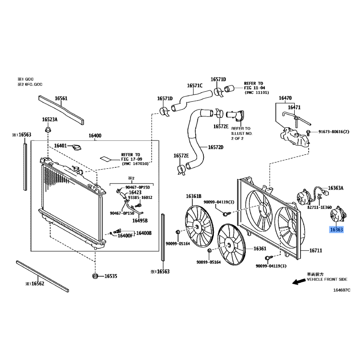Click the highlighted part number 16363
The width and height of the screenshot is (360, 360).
[336, 229]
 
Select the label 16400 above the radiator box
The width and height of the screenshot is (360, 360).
[95, 136]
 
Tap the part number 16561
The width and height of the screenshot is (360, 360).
[61, 99]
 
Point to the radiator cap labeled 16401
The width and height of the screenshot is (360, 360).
[76, 148]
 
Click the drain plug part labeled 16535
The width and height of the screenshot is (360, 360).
[95, 276]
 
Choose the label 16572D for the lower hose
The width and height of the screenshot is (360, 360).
[216, 147]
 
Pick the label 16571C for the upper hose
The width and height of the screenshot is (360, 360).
[195, 85]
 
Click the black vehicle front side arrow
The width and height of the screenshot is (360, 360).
[299, 282]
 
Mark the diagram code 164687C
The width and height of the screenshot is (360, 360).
[342, 290]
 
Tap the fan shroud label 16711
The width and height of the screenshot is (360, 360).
[316, 251]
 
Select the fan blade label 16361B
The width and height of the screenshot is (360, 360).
[193, 196]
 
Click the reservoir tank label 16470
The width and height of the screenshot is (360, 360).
[285, 98]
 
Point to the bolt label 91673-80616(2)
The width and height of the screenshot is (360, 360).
[333, 132]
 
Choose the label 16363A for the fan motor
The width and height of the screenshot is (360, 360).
[336, 188]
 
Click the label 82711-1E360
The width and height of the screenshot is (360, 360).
[319, 207]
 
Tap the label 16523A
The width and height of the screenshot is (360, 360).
[49, 120]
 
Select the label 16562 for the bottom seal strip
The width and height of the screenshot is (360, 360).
[38, 283]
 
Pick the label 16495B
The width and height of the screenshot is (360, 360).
[140, 220]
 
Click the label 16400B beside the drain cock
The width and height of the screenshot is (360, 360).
[144, 233]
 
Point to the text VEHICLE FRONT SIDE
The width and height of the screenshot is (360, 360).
[327, 279]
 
